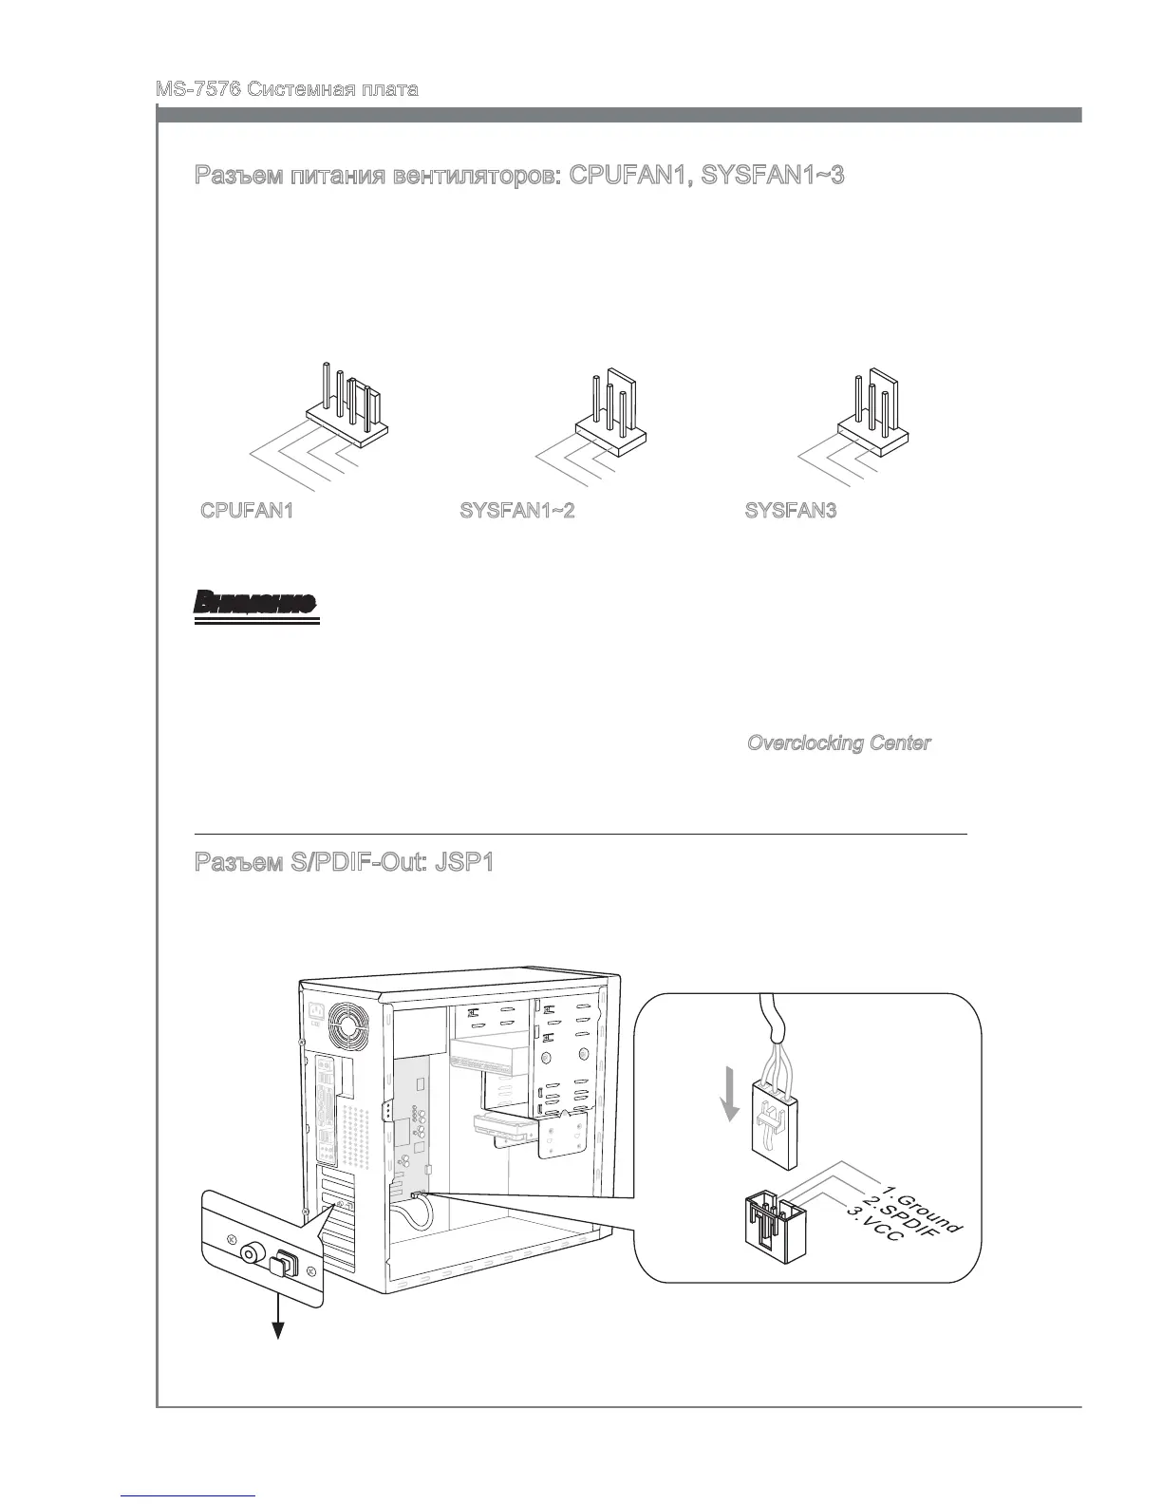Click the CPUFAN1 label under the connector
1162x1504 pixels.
pos(247,511)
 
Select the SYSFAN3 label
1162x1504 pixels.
pos(791,511)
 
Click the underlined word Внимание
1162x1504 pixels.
pos(254,604)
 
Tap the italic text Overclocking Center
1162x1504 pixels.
pos(838,743)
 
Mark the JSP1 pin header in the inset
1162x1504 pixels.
pos(772,1232)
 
